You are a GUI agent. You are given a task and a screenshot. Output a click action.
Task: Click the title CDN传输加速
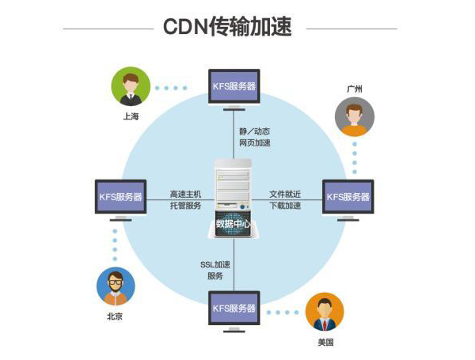tap(227, 27)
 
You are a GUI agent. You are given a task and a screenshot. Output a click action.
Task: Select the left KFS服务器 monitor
tap(120, 196)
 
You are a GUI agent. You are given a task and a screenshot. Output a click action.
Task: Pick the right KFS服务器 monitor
tap(348, 196)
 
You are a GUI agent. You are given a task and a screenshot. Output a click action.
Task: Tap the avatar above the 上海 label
tap(131, 86)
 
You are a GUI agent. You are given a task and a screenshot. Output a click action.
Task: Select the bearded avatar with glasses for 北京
tap(115, 286)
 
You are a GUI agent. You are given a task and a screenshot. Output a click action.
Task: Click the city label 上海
tap(131, 116)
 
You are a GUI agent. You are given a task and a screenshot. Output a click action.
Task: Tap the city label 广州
tap(354, 89)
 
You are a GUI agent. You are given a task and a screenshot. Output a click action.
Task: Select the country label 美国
tap(325, 342)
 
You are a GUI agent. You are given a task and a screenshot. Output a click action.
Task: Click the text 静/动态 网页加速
tap(255, 137)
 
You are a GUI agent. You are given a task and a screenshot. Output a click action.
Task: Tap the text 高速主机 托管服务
tap(185, 199)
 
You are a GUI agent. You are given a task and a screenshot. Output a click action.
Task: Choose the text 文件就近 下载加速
tap(285, 199)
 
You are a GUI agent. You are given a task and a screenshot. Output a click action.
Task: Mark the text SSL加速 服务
tap(215, 269)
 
